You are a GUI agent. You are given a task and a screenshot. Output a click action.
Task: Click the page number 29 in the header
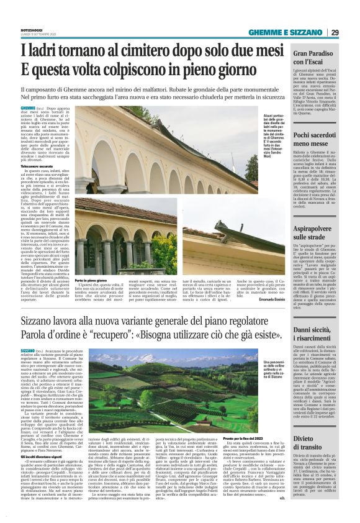335,32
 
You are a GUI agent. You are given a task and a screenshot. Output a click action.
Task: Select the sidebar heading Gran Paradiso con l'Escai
315,58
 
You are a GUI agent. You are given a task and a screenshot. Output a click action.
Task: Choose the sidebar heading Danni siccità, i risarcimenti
315,317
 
